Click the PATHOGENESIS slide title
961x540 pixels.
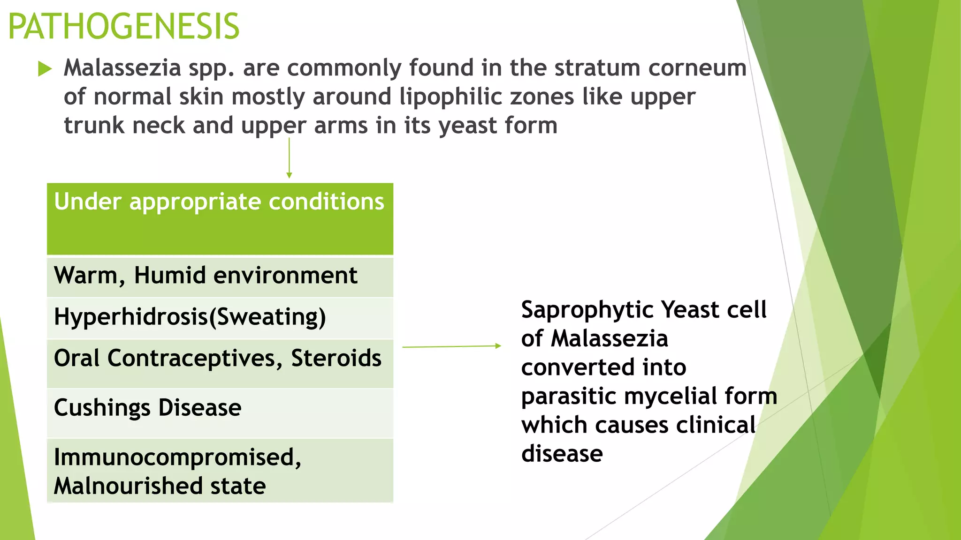124,27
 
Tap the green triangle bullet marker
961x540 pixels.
45,69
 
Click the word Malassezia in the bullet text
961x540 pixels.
122,68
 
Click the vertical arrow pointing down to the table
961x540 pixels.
289,157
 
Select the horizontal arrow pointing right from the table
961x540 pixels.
451,346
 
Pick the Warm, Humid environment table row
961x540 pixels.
206,276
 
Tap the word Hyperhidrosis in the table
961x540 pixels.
131,317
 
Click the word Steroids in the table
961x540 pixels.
336,359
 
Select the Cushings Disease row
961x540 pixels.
148,408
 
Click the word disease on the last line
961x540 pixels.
562,454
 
